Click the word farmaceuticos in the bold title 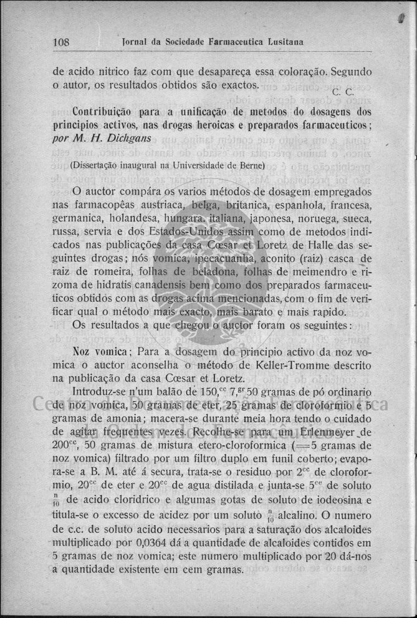click(x=333, y=125)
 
